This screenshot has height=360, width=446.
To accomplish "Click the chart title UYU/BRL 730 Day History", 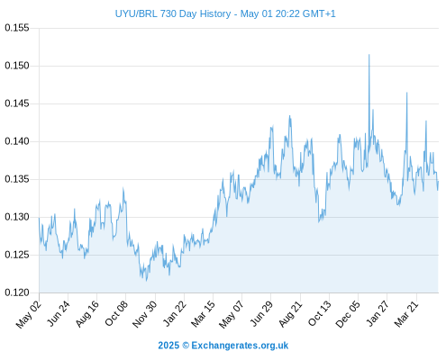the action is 173,13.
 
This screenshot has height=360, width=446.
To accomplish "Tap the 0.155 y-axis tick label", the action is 17,28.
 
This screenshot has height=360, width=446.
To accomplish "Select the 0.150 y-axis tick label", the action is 17,66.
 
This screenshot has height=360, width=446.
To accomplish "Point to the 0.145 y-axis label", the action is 17,103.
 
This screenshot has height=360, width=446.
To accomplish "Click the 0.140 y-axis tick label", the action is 17,141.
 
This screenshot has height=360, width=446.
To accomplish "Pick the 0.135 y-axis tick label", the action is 17,179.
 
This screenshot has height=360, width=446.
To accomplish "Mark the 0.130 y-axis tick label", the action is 17,217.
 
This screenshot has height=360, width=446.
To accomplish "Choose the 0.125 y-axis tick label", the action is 17,255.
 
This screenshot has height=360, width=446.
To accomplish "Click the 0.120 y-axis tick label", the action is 17,292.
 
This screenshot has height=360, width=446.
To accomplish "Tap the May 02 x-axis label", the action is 29,314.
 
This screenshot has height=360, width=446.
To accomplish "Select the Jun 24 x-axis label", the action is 58,313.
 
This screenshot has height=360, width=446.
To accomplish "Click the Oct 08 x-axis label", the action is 116,313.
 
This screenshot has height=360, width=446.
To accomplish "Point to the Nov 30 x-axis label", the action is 145,314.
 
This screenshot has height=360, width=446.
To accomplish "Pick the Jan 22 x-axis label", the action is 174,313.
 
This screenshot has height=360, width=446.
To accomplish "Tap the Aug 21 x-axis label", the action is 290,313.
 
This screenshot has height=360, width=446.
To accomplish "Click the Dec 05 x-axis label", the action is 348,314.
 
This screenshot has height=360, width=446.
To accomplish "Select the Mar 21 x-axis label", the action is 406,313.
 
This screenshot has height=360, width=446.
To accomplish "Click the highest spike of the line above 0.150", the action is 369,55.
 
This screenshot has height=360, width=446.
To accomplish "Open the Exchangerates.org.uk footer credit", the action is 240,346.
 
